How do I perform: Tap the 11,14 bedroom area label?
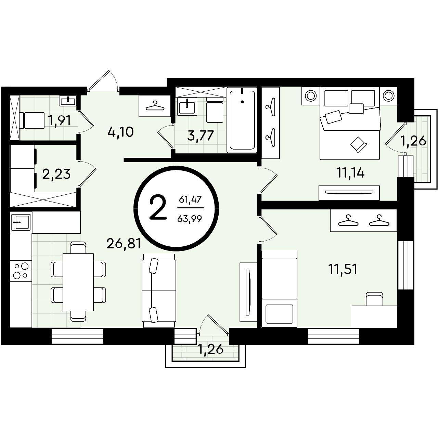(351, 173)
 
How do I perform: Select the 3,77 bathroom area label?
(201, 136)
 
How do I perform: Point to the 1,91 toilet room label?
(59, 120)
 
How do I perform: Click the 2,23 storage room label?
(56, 174)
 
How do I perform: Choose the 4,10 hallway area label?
(120, 132)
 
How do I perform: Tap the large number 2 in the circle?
(158, 208)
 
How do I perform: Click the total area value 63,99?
(190, 219)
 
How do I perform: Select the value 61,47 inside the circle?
(190, 199)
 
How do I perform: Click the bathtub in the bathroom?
(242, 120)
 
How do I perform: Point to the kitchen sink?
(21, 222)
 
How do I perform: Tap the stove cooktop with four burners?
(21, 270)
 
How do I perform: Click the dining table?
(78, 282)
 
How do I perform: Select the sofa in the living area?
(159, 291)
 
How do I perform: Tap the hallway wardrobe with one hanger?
(155, 106)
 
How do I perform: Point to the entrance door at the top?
(103, 81)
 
